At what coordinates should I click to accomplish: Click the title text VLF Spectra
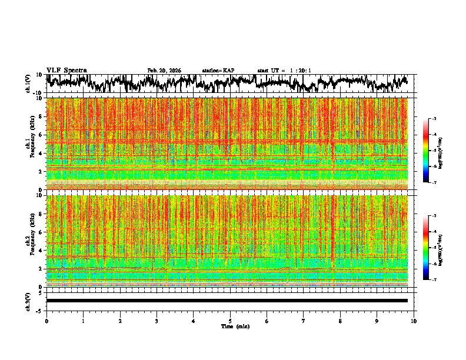pyautogui.click(x=66, y=71)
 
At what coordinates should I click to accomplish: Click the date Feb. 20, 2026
pyautogui.click(x=164, y=71)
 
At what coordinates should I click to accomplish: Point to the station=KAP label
pyautogui.click(x=218, y=71)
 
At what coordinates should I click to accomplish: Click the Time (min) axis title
pyautogui.click(x=235, y=326)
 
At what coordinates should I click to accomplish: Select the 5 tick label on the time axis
pyautogui.click(x=230, y=321)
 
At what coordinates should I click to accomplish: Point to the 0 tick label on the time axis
pyautogui.click(x=46, y=321)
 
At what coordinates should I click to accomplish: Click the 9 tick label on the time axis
pyautogui.click(x=377, y=321)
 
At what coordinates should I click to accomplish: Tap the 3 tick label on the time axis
pyautogui.click(x=157, y=321)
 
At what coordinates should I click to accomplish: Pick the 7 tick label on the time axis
pyautogui.click(x=304, y=321)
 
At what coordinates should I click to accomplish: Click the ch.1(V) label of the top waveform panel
pyautogui.click(x=28, y=84)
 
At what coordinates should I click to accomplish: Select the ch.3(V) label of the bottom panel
pyautogui.click(x=28, y=301)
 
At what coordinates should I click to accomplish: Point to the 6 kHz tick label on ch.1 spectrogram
pyautogui.click(x=39, y=135)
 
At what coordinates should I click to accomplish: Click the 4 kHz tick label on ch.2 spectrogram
pyautogui.click(x=39, y=251)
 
